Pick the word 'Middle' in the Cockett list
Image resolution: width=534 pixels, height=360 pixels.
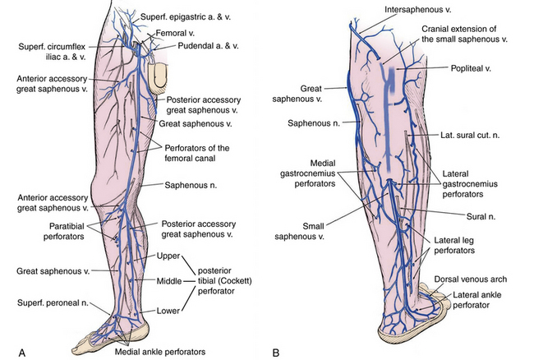168,283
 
